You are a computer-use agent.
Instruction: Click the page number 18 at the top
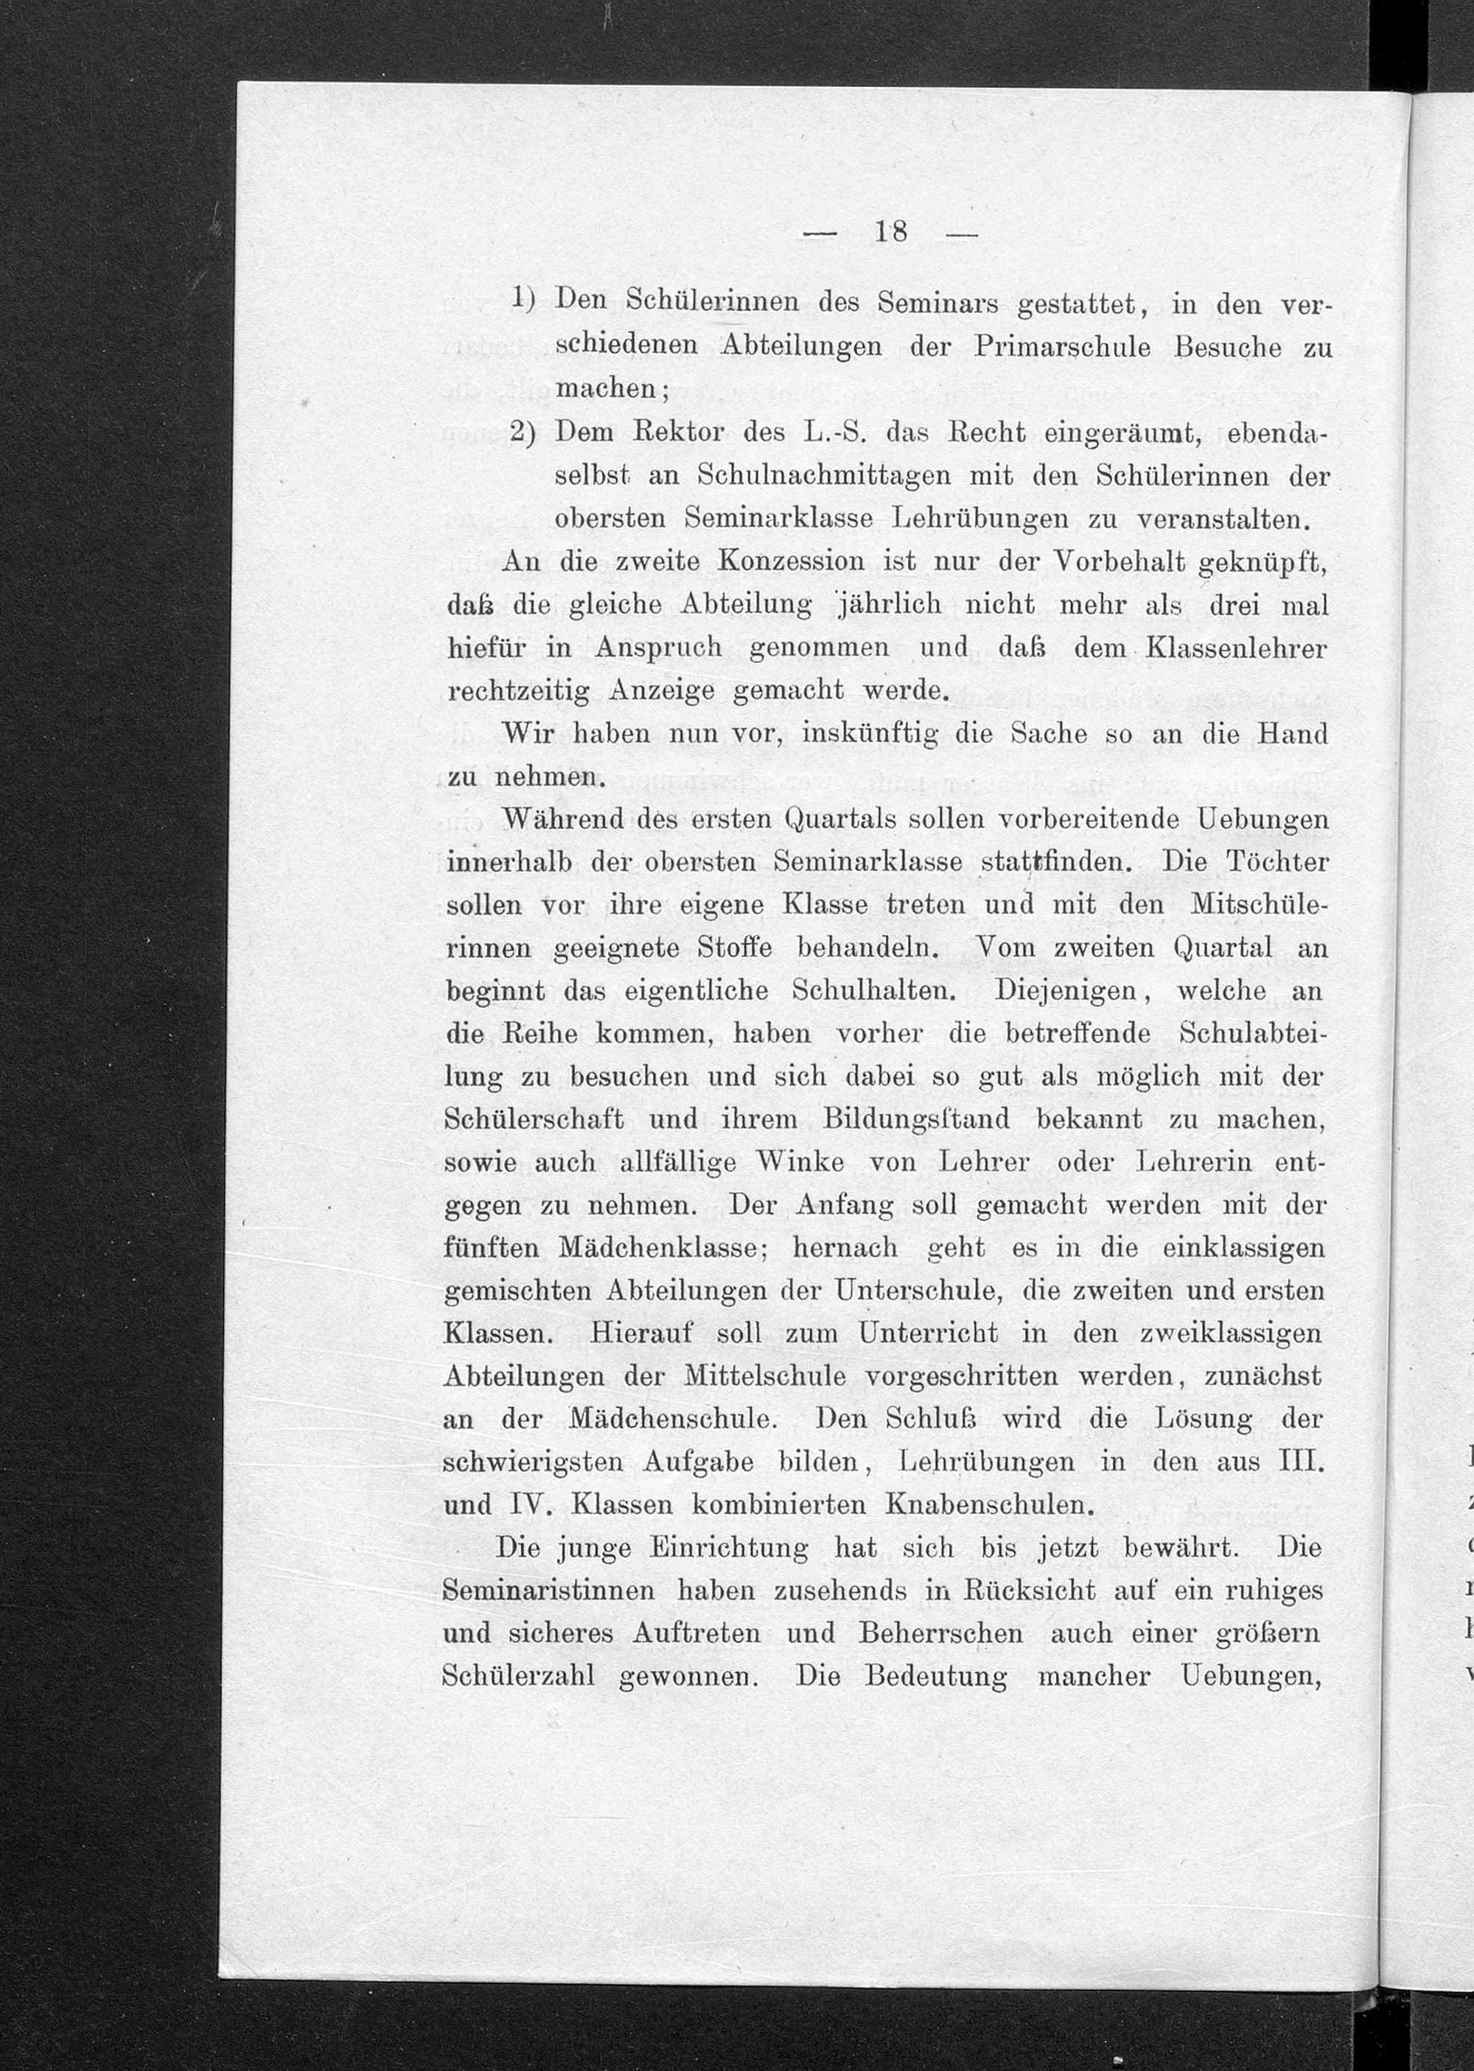pyautogui.click(x=890, y=232)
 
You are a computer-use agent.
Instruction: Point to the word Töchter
pyautogui.click(x=1277, y=862)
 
